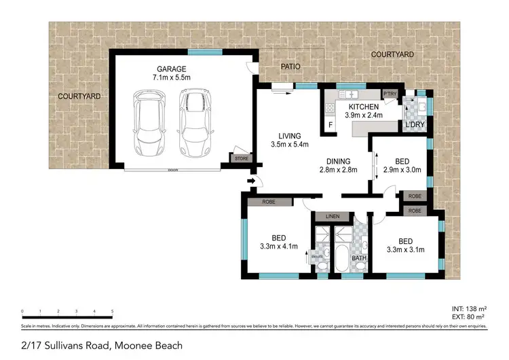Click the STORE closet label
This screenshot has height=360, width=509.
[x=240, y=159]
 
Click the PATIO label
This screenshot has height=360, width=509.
[x=290, y=67]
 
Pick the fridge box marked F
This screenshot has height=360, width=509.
[x=331, y=125]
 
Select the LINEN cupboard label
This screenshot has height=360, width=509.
[x=332, y=217]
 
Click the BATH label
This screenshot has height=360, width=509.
[x=359, y=257]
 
